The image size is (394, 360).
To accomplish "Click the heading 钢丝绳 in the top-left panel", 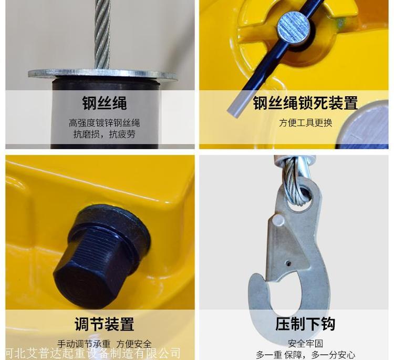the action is [x=105, y=102].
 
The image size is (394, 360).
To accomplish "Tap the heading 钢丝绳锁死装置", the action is [x=305, y=102].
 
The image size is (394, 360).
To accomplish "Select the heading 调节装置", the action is [x=105, y=324].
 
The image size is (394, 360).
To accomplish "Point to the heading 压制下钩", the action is [x=305, y=324].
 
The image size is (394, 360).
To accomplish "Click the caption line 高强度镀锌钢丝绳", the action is [x=105, y=123].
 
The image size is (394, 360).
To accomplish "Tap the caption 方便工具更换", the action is [x=306, y=122].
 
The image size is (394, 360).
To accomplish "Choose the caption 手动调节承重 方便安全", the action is [x=105, y=344].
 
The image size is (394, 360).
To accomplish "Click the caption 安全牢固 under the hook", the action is [x=305, y=343].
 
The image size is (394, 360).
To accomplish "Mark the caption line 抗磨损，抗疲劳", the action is [x=105, y=134].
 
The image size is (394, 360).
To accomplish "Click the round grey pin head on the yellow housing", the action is [x=293, y=28].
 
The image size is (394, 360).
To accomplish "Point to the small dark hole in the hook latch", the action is [x=289, y=263].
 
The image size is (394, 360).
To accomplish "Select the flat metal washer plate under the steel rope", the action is [x=102, y=74].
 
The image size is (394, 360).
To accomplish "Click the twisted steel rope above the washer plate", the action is [x=102, y=34].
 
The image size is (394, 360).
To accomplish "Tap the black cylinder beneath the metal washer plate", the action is [x=105, y=113].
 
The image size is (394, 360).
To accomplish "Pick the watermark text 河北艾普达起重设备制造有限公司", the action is [x=92, y=353].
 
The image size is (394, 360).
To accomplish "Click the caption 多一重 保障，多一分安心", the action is [x=306, y=355].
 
